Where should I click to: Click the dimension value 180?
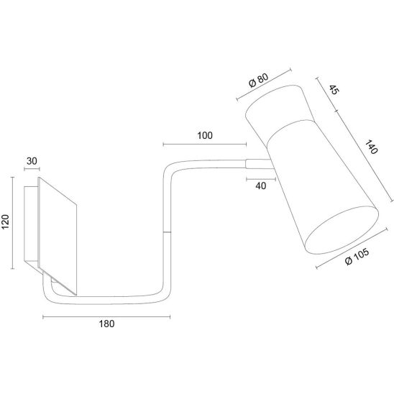pyautogui.click(x=107, y=324)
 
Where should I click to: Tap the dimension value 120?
pyautogui.click(x=6, y=222)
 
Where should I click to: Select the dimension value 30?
pyautogui.click(x=32, y=161)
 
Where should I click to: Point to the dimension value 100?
pyautogui.click(x=205, y=136)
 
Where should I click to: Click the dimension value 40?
pyautogui.click(x=261, y=186)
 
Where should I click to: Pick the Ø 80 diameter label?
pyautogui.click(x=258, y=80)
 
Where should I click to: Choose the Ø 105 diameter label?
pyautogui.click(x=357, y=256)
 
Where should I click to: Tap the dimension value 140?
pyautogui.click(x=371, y=147)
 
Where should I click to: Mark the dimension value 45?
pyautogui.click(x=334, y=90)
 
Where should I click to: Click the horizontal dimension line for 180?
pyautogui.click(x=106, y=317)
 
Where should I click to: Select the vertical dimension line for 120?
pyautogui.click(x=12, y=223)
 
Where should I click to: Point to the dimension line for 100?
pyautogui.click(x=205, y=145)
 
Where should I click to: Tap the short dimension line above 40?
pyautogui.click(x=261, y=179)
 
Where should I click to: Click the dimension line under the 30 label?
pyautogui.click(x=32, y=169)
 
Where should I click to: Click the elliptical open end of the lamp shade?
pyautogui.click(x=342, y=230)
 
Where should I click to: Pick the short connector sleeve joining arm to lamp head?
pyautogui.click(x=259, y=164)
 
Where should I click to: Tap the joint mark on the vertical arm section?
pyautogui.click(x=167, y=232)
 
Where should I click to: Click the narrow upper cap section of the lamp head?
pyautogui.click(x=280, y=109)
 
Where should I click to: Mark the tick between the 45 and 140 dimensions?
pyautogui.click(x=336, y=111)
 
